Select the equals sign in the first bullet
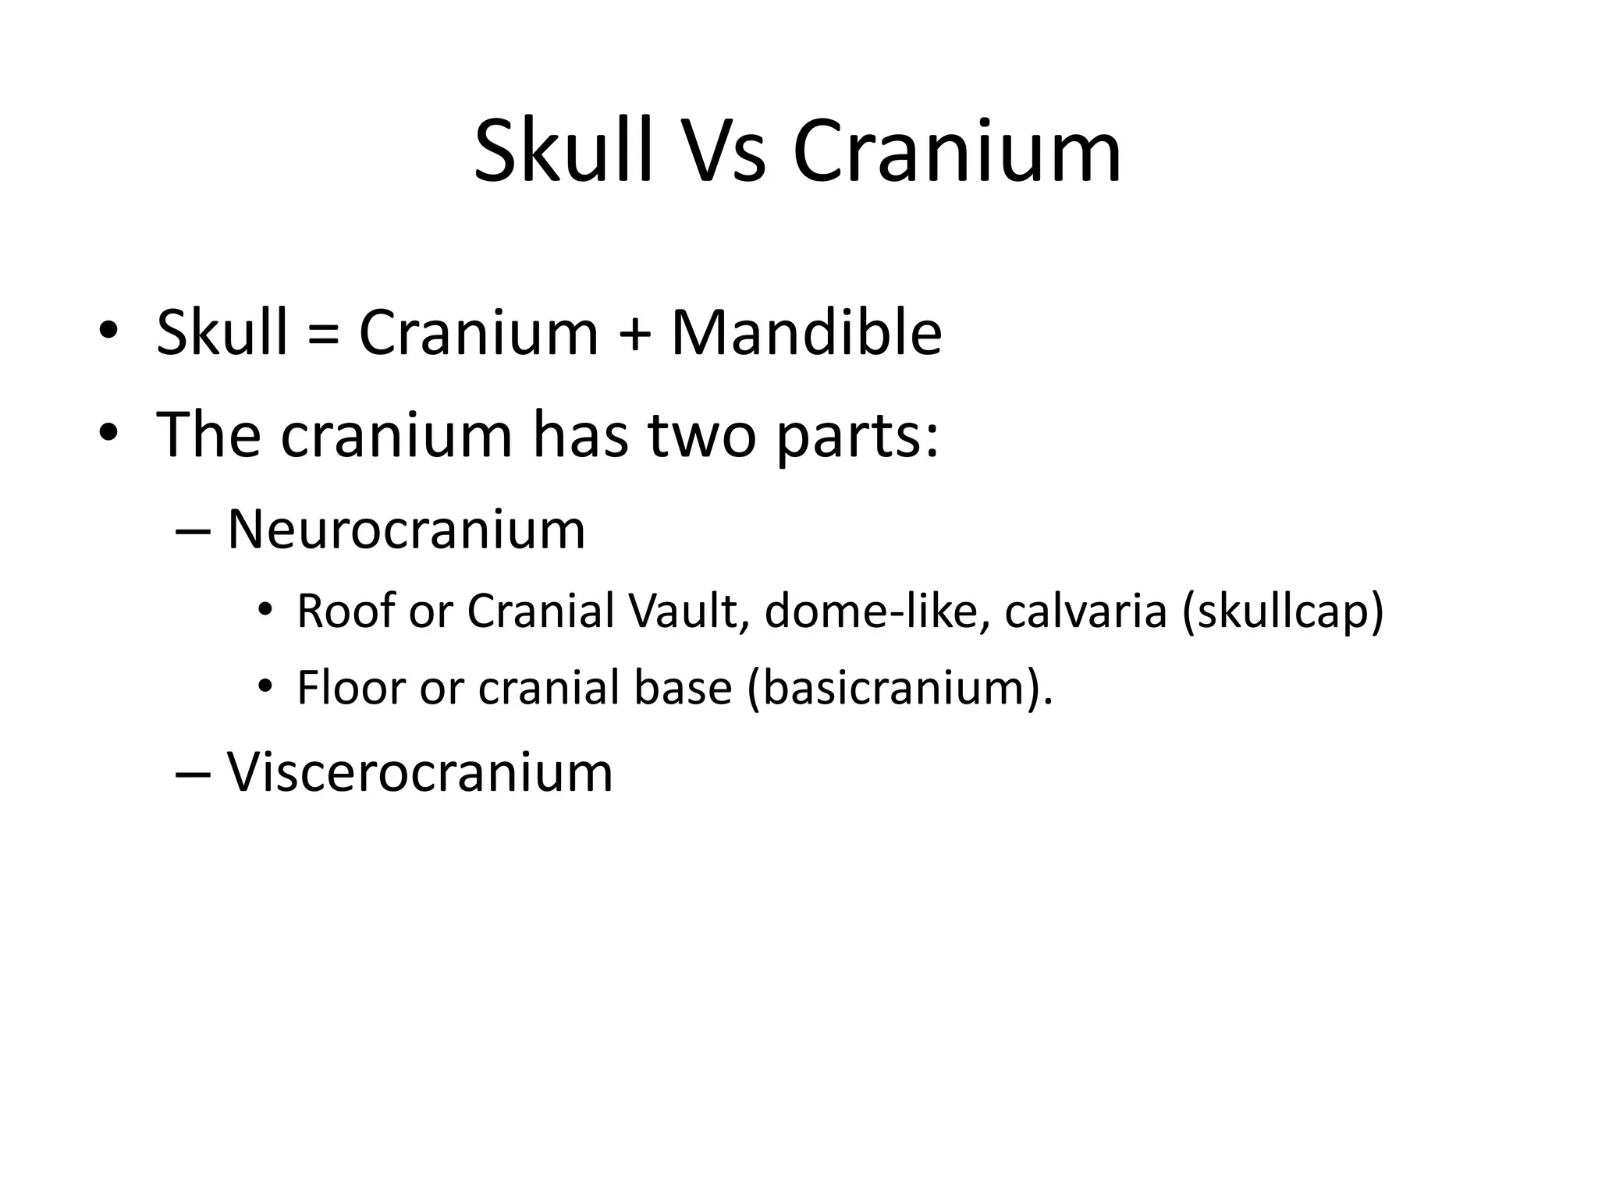point(322,334)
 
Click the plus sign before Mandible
point(634,334)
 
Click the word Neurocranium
point(406,530)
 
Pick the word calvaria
point(1085,611)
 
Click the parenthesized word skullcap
point(1283,612)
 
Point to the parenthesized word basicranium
point(894,689)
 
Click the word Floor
point(351,688)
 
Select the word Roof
point(346,611)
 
